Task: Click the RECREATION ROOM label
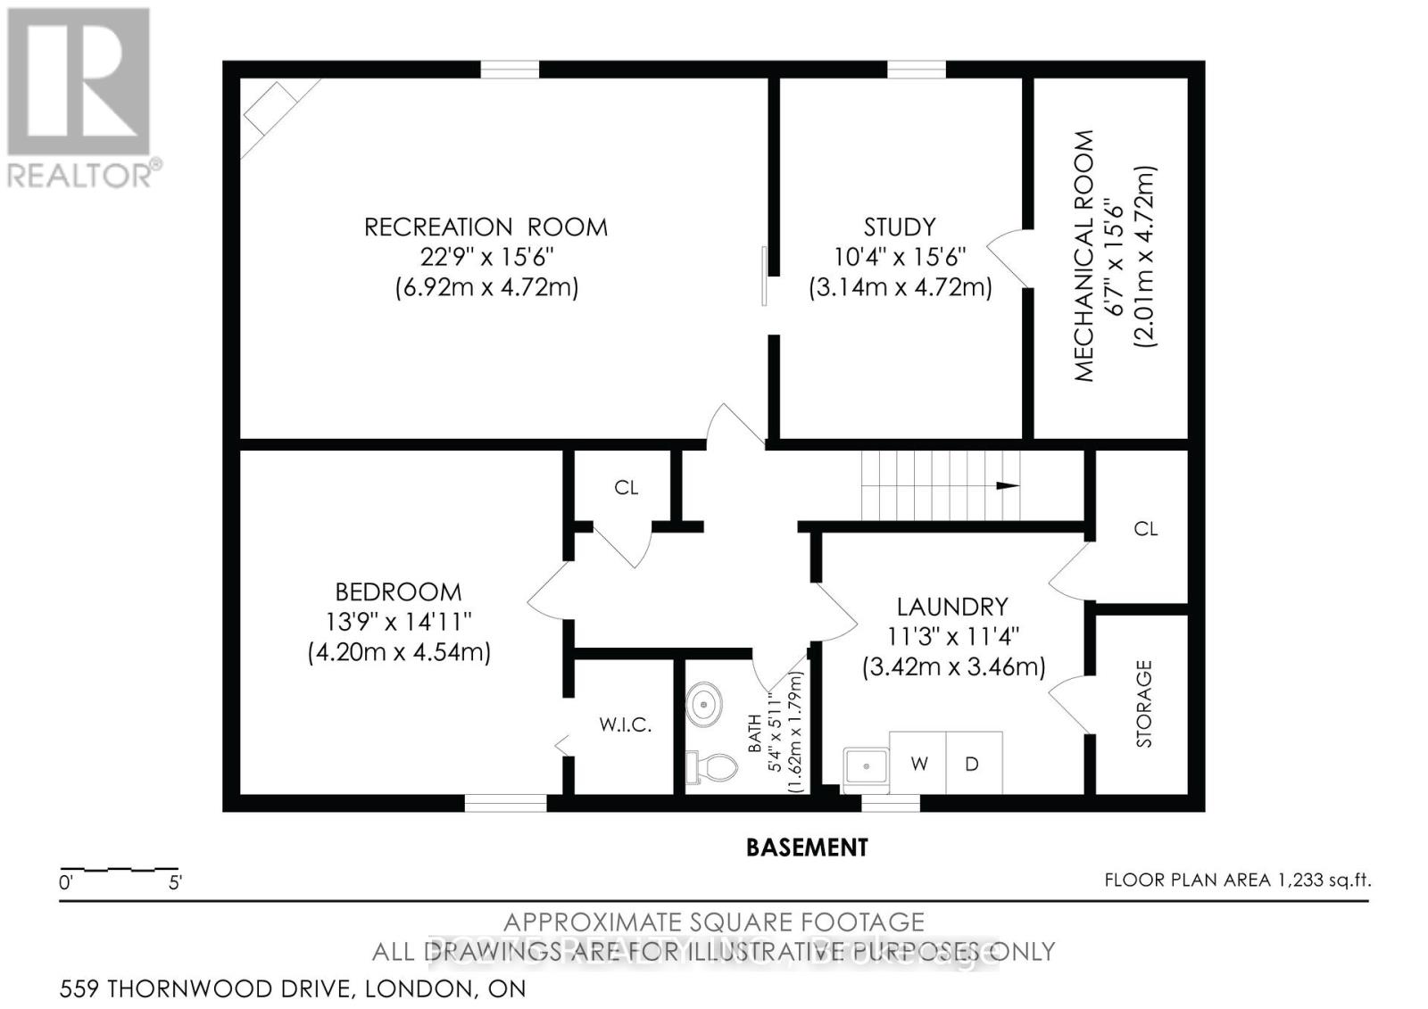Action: [486, 227]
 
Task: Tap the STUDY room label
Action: [900, 227]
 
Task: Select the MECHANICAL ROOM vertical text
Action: [1083, 256]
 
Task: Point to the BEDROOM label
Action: [398, 591]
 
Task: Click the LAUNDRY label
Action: [952, 607]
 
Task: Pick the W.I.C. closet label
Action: [625, 724]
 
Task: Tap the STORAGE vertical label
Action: [1144, 703]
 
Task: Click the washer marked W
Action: [918, 764]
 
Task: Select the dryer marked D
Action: [973, 764]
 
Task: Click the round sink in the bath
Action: [705, 704]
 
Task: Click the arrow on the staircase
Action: [1007, 485]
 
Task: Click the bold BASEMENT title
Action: [807, 847]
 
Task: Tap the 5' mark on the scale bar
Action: [175, 883]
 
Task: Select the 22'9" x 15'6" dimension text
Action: [487, 257]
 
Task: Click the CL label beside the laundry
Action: [1145, 529]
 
